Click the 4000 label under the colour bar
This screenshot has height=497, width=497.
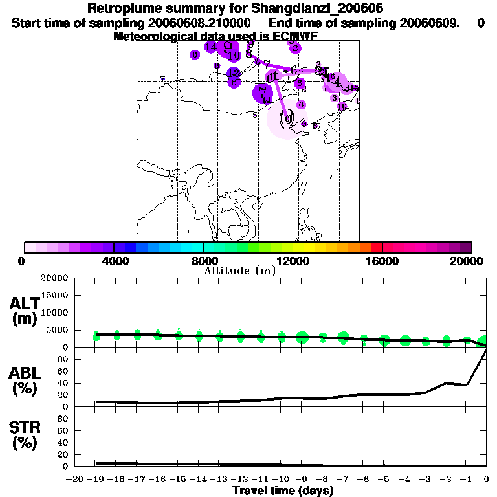pos(114,261)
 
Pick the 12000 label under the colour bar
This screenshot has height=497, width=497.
pos(293,261)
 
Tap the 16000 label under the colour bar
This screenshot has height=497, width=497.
pos(382,261)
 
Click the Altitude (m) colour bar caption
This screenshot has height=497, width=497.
pos(239,271)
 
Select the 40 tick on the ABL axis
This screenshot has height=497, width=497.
pos(63,383)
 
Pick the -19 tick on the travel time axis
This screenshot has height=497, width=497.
pos(95,480)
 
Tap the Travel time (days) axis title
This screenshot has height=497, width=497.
pos(283,491)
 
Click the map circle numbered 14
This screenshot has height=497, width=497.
pos(211,47)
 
